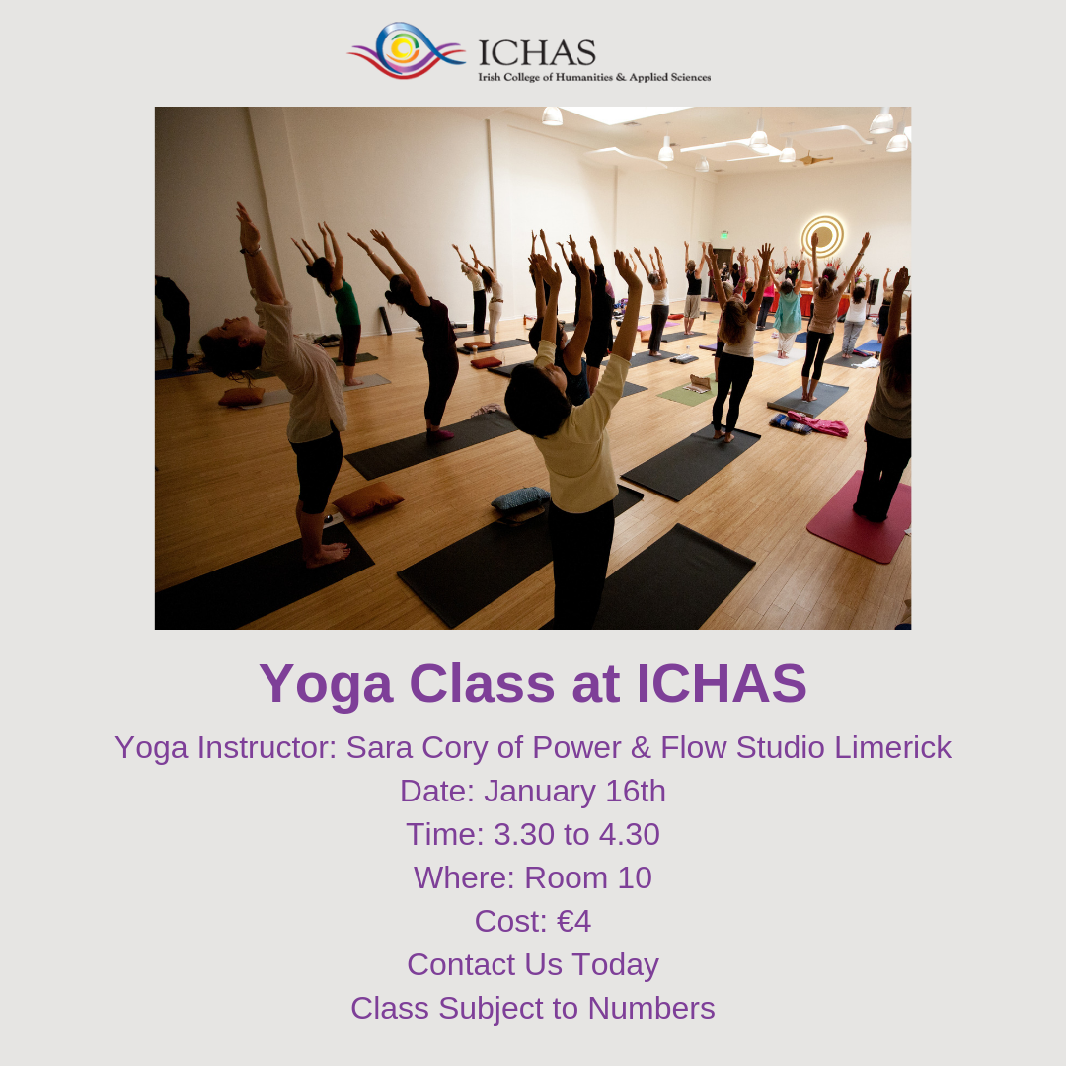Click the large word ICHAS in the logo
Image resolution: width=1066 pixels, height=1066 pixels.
point(537,53)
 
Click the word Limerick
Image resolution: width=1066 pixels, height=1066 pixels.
point(892,748)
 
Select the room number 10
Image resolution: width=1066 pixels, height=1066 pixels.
point(635,878)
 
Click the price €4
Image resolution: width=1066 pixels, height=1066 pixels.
point(573,922)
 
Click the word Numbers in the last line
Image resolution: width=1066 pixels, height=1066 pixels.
point(651,1009)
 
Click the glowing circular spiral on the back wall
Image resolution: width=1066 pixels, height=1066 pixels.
point(822,236)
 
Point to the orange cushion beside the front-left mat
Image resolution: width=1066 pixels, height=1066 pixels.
point(368,499)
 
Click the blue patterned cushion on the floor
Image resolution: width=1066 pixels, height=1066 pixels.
point(520,497)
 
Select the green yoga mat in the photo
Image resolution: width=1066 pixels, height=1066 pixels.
point(688,392)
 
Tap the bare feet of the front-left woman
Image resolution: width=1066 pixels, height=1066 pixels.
point(327,554)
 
